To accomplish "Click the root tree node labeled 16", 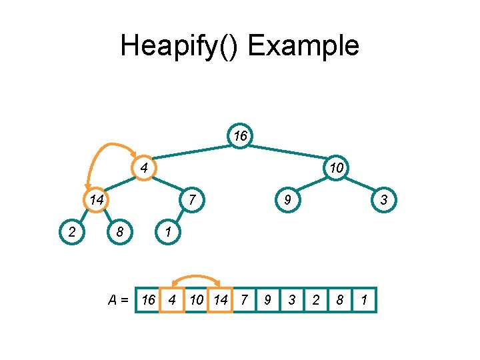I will (240, 136).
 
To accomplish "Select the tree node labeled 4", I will (143, 167).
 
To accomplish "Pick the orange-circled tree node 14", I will (97, 199).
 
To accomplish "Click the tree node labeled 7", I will (192, 199).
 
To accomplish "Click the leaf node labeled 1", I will (168, 232).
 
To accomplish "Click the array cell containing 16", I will (148, 300).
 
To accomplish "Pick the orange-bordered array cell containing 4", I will (172, 300).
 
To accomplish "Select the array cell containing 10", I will (196, 300).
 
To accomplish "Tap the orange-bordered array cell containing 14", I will (220, 300).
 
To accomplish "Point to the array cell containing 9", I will (267, 300).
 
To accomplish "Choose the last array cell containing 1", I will (363, 300).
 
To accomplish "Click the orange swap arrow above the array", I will (196, 276).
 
